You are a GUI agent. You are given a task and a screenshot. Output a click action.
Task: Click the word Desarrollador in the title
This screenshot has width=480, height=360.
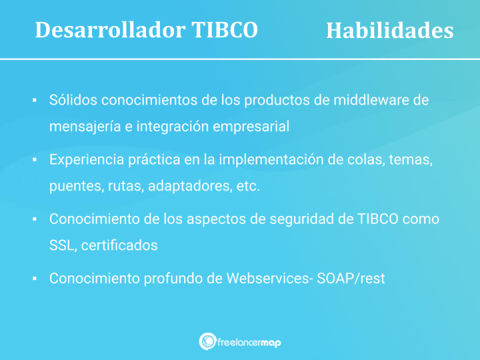[107, 30]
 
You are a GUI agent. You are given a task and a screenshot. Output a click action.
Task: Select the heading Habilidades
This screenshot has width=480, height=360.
[389, 31]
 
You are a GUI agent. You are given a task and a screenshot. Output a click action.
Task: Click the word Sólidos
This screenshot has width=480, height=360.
[73, 100]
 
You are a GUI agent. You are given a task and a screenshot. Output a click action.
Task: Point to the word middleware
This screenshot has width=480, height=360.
[371, 100]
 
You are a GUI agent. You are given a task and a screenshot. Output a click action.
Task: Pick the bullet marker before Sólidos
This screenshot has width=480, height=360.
[34, 101]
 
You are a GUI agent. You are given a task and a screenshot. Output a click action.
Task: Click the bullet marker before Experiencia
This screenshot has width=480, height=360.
[34, 161]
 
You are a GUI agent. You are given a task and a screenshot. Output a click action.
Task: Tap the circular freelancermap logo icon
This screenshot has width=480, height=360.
[207, 341]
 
